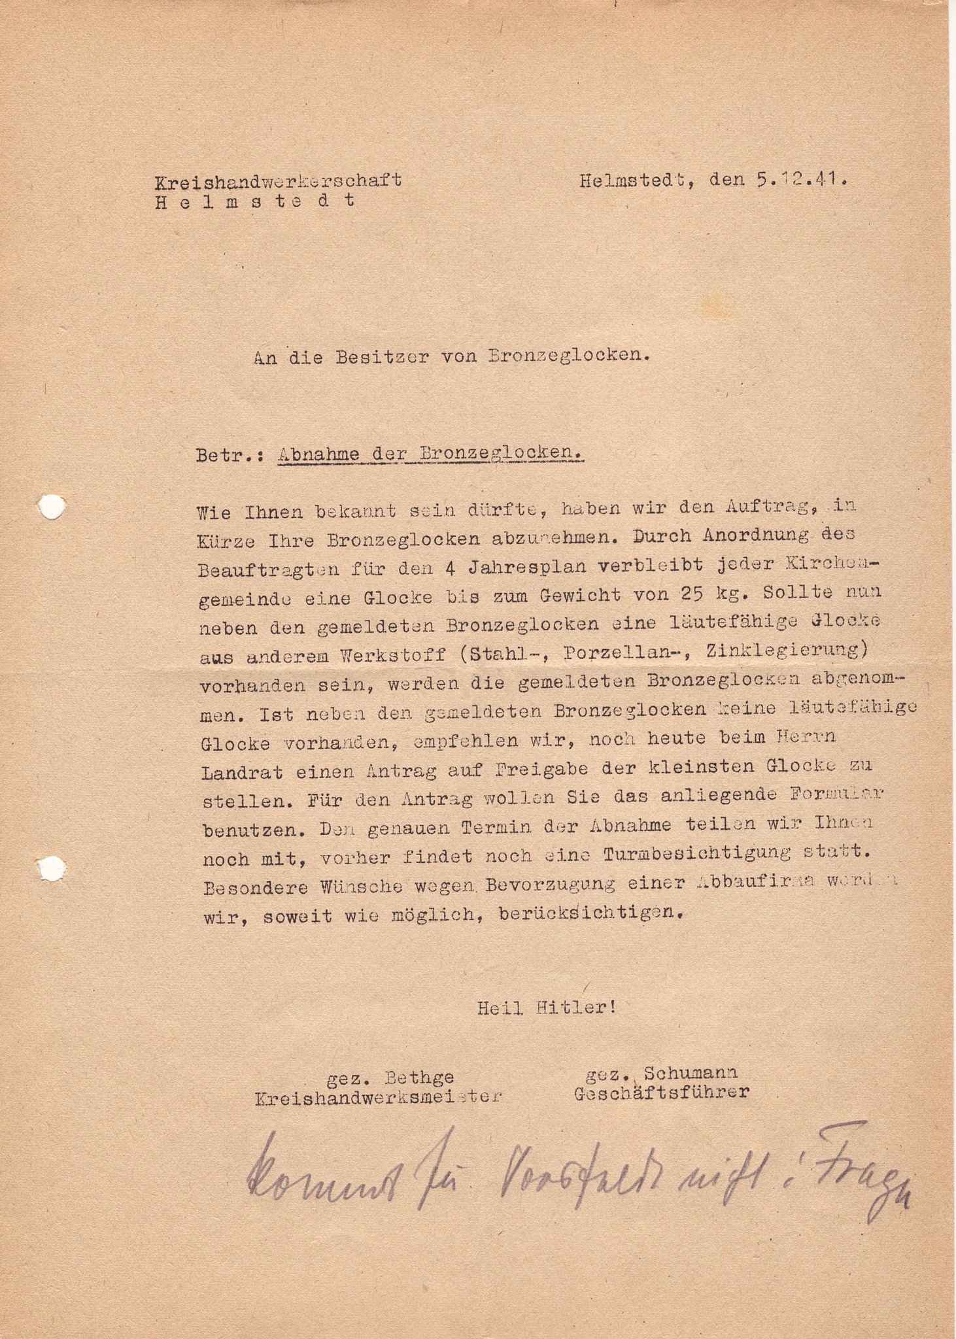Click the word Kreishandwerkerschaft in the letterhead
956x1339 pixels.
278,180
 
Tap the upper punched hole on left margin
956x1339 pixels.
52,507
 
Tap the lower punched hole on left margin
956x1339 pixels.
52,868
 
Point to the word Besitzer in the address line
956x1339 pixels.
383,357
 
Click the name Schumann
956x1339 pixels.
691,1073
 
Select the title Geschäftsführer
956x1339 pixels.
662,1093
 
